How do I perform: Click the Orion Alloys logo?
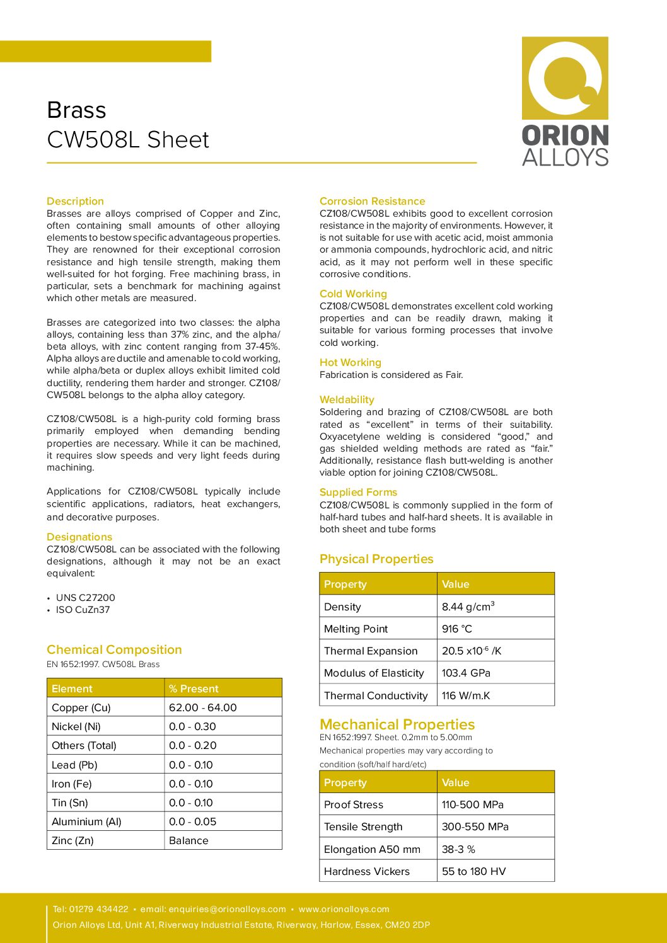pyautogui.click(x=565, y=101)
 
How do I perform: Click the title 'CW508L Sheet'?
pyautogui.click(x=128, y=140)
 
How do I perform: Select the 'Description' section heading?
pyautogui.click(x=75, y=201)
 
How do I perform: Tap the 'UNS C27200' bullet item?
pyautogui.click(x=85, y=597)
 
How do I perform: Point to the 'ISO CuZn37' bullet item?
pyautogui.click(x=83, y=610)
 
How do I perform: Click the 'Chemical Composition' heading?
pyautogui.click(x=114, y=649)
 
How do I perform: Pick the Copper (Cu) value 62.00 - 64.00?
pyautogui.click(x=203, y=707)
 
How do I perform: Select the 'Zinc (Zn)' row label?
pyautogui.click(x=72, y=840)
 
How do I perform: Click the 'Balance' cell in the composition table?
pyautogui.click(x=188, y=840)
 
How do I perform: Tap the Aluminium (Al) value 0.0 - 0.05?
pyautogui.click(x=192, y=821)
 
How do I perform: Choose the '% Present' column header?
pyautogui.click(x=194, y=689)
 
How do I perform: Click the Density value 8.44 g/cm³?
pyautogui.click(x=468, y=607)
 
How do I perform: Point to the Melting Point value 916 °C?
pyautogui.click(x=457, y=629)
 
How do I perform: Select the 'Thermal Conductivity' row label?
pyautogui.click(x=376, y=695)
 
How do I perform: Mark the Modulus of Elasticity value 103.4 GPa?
pyautogui.click(x=466, y=673)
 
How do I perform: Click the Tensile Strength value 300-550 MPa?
pyautogui.click(x=475, y=826)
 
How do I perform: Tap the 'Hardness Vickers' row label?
pyautogui.click(x=367, y=871)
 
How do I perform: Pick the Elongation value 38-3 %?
pyautogui.click(x=458, y=849)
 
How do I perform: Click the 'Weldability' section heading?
pyautogui.click(x=347, y=399)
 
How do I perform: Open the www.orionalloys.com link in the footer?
pyautogui.click(x=344, y=909)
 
